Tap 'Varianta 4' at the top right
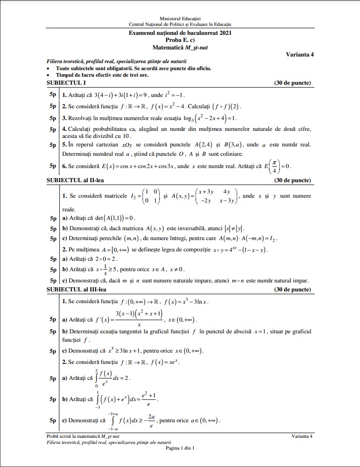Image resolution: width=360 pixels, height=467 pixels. (300, 54)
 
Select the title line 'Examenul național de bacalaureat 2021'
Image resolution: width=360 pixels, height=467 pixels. (180, 33)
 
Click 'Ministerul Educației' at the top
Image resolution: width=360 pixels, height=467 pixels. (180, 18)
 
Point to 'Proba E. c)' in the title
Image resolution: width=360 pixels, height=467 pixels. (180, 40)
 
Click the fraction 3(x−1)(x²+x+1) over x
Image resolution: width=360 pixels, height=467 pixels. (139, 319)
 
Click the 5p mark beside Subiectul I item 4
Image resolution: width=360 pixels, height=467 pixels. (53, 129)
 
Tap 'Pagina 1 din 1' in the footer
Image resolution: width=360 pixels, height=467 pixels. (180, 448)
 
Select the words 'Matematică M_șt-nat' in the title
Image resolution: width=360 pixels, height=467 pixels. (180, 47)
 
